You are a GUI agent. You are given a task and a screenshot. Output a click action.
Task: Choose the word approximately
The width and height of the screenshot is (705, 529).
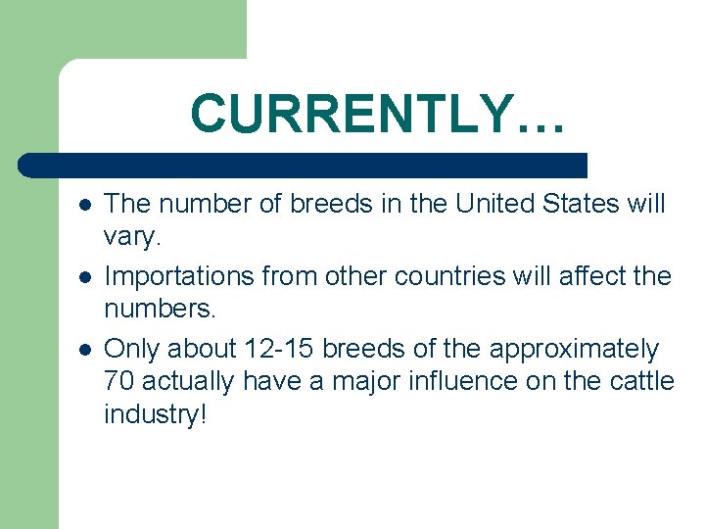[x=575, y=349]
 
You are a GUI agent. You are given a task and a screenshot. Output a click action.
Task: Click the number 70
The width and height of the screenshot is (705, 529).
[x=119, y=381]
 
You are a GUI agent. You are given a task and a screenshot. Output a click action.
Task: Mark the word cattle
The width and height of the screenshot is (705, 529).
[x=642, y=381]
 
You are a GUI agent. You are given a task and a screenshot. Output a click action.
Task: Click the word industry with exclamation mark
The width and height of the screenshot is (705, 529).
[x=156, y=414]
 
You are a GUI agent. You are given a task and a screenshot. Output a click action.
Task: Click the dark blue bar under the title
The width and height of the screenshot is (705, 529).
[x=304, y=165]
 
